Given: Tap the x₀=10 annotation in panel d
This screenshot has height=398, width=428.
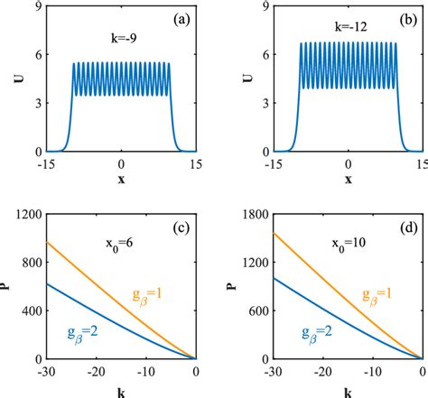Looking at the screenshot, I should pos(349,244).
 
